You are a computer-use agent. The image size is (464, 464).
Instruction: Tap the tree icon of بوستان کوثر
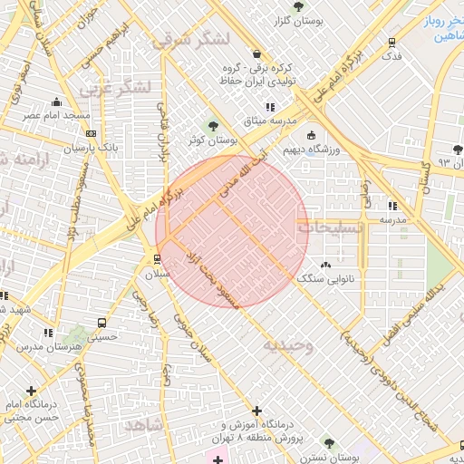(x=214, y=126)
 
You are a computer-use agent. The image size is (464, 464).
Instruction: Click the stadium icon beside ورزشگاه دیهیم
(x=312, y=136)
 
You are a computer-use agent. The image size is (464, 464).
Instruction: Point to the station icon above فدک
(x=391, y=42)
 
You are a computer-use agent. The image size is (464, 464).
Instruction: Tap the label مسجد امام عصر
(x=57, y=116)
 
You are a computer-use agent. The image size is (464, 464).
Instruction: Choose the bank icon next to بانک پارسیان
(x=64, y=146)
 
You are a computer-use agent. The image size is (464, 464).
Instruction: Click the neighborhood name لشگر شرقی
(x=191, y=39)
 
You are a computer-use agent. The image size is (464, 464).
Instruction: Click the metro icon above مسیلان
(x=158, y=258)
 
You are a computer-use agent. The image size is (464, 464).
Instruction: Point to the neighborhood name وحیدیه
(x=288, y=344)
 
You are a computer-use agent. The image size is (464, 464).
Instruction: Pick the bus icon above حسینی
(x=101, y=322)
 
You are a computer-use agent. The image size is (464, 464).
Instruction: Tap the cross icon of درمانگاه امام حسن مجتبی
(x=32, y=391)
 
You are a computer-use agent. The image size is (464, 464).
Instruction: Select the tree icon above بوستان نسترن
(x=329, y=443)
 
